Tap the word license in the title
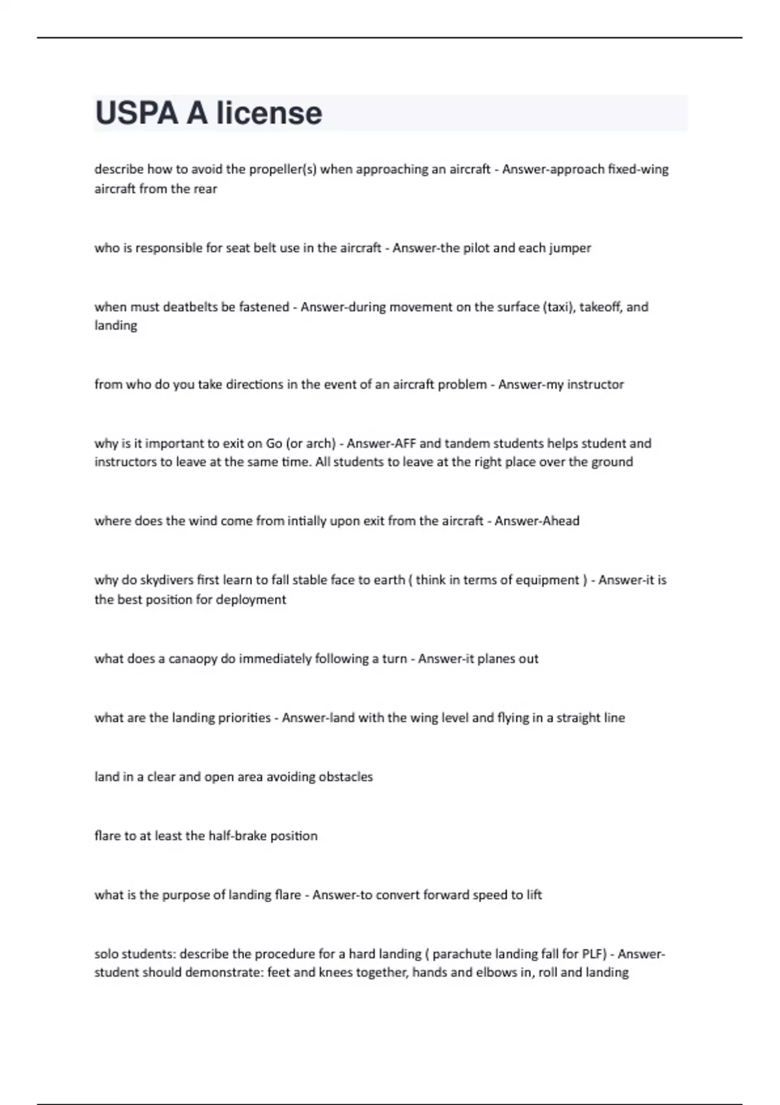click(x=269, y=113)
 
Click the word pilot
click(x=476, y=248)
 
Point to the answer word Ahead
click(x=558, y=521)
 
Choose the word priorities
click(x=239, y=718)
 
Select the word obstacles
click(x=345, y=777)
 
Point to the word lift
click(x=534, y=895)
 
